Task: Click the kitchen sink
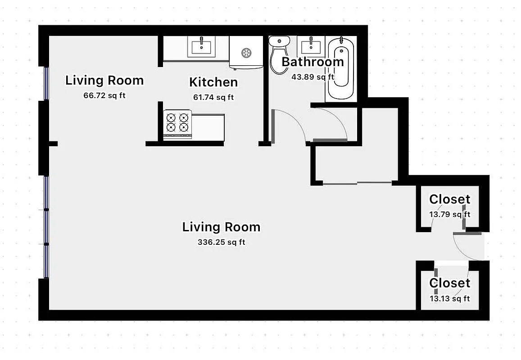201,46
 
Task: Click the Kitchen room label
213,82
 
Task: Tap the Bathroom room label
313,62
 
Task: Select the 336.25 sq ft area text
221,242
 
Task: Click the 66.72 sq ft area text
104,95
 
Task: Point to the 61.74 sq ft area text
213,97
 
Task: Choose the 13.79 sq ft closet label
449,214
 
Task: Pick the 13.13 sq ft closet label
449,298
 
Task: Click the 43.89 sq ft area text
313,76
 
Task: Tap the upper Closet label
449,199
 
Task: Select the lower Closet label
449,283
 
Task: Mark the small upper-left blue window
45,83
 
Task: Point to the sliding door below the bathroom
357,183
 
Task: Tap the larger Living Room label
221,227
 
